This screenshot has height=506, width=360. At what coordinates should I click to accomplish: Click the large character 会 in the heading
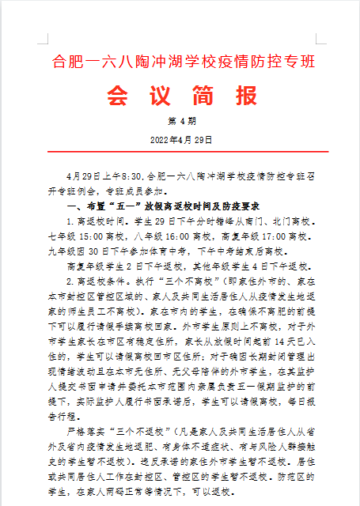(x=119, y=96)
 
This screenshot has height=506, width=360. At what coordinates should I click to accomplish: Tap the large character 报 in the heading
(x=244, y=96)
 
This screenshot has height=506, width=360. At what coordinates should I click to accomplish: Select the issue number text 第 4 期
(x=181, y=121)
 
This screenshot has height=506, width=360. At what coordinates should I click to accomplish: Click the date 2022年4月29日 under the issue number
(x=181, y=139)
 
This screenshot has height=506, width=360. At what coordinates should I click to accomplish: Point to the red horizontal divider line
(x=181, y=151)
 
